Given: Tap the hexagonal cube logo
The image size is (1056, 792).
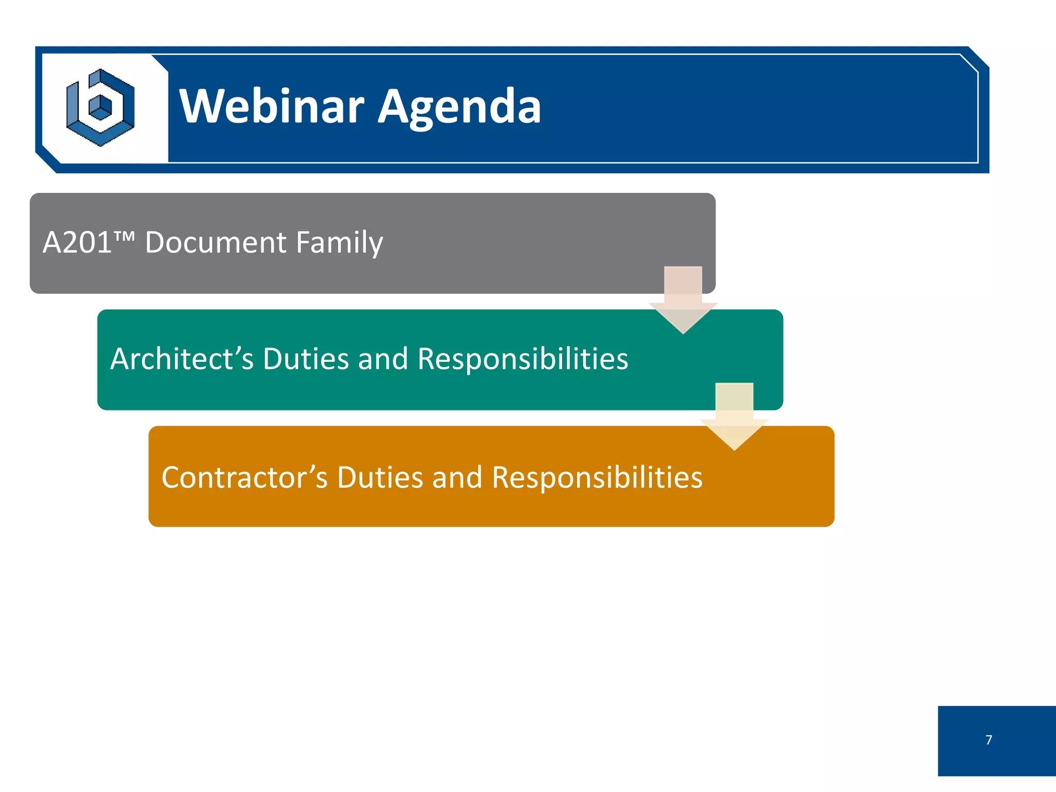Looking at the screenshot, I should (101, 108).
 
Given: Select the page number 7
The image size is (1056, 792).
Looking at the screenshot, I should (988, 740).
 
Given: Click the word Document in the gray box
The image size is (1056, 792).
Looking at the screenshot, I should (216, 242).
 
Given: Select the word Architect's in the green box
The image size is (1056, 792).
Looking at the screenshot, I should (182, 359).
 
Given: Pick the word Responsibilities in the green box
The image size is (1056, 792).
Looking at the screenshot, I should (523, 359).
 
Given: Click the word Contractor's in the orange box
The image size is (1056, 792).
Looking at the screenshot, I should (244, 477).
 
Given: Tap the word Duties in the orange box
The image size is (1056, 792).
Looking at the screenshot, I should (380, 477).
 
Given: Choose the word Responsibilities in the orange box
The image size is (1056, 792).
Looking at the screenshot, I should (597, 477).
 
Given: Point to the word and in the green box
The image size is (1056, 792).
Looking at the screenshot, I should (383, 359).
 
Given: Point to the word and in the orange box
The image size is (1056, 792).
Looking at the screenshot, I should (457, 477).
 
